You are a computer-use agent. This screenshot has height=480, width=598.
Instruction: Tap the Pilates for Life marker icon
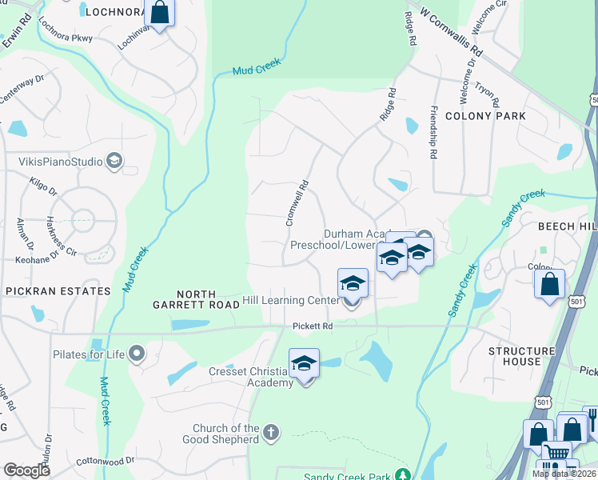point(138,353)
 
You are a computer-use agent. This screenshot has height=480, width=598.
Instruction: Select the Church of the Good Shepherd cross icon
point(271,433)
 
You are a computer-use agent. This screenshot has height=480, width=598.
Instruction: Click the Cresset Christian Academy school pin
point(304,364)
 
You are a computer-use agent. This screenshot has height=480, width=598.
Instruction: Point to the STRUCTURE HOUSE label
point(521,356)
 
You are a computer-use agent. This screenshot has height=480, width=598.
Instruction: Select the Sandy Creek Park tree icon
point(403,476)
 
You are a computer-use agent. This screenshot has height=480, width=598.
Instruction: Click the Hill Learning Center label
point(290,301)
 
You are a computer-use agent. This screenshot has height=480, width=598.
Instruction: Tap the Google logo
point(27,470)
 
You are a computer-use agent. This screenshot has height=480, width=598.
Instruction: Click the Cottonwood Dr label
point(106,462)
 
